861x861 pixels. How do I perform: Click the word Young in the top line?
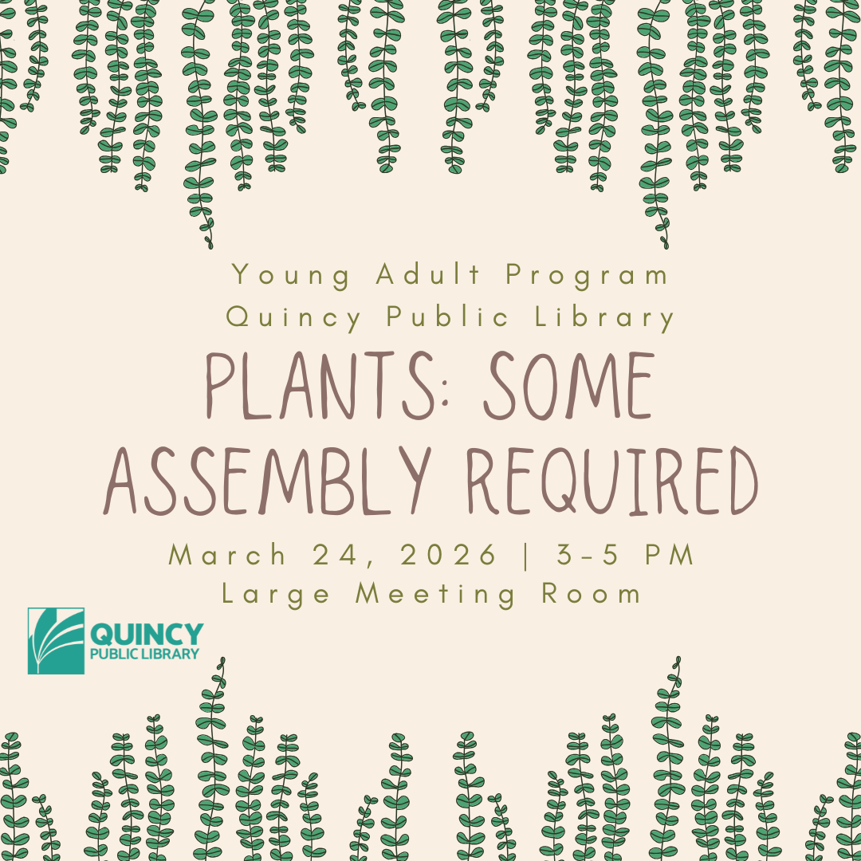tap(291, 276)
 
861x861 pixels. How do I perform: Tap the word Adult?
tap(429, 275)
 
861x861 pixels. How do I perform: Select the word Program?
tap(588, 276)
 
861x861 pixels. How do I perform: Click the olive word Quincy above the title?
tap(293, 318)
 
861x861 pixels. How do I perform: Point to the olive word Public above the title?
tap(448, 317)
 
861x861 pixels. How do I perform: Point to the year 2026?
tap(450, 555)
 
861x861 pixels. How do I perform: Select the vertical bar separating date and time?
tap(525, 555)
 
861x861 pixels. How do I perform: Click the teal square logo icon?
tap(56, 641)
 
